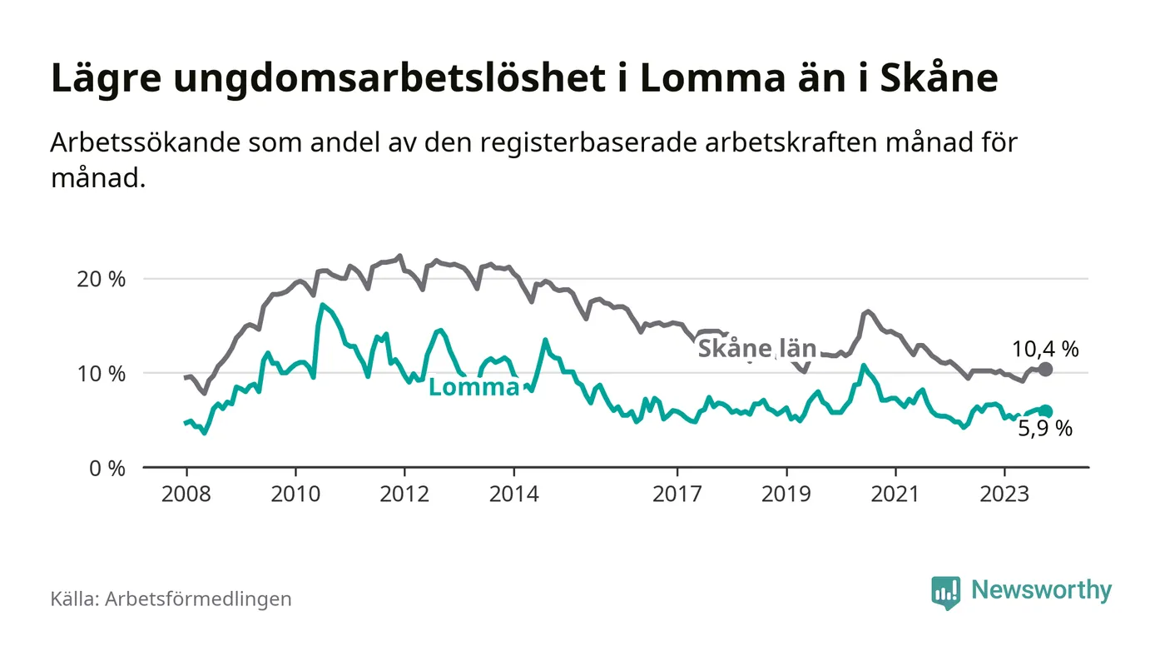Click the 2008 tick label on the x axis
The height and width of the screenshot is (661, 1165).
[x=186, y=494]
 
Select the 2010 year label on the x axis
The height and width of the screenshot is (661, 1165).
[x=295, y=494]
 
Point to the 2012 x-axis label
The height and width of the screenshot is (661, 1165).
[x=404, y=494]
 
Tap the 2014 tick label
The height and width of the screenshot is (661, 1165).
[x=514, y=494]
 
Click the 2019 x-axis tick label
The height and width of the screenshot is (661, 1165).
[x=786, y=494]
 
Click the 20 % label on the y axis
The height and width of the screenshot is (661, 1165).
[x=101, y=279]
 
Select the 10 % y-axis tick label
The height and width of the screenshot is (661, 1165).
[x=101, y=373]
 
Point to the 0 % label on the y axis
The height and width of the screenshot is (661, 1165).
[x=107, y=468]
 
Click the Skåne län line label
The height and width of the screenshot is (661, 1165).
[x=756, y=349]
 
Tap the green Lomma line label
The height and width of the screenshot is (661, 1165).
[x=473, y=387]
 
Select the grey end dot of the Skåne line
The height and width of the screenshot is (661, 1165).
[x=1046, y=369]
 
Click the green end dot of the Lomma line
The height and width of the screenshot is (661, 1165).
[x=1046, y=411]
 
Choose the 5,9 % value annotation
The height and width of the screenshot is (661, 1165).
[x=1045, y=430]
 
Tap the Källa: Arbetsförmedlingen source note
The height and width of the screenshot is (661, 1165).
[x=171, y=599]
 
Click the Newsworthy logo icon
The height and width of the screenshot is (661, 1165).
[x=945, y=592]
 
